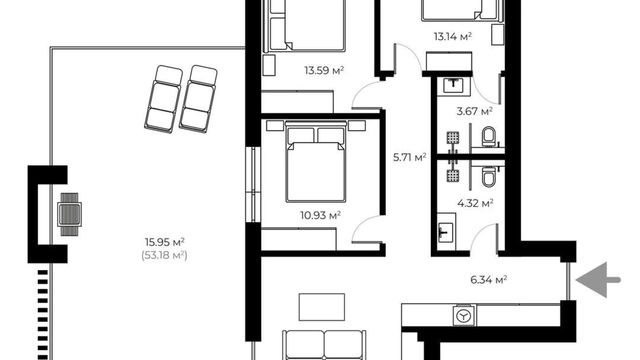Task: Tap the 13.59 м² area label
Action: pos(324,71)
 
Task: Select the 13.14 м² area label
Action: pos(452,36)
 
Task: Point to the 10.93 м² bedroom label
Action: pos(320,215)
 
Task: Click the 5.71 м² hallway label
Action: pos(409,157)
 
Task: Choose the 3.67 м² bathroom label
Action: pos(474,111)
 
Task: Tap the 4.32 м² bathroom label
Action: pos(475,203)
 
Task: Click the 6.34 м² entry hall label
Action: pos(488,279)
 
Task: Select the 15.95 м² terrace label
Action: pos(164,242)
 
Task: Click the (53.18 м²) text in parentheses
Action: pos(164,255)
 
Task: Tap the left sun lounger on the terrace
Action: pos(163,99)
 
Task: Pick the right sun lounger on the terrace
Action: pos(198,99)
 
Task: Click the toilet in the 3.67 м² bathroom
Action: pos(488,136)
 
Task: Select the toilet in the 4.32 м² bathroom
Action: pos(488,177)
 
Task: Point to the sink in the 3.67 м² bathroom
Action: pos(453,86)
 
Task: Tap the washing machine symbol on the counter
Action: pos(464,316)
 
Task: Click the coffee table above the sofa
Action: pos(322,307)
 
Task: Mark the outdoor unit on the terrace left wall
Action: pos(70,214)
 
